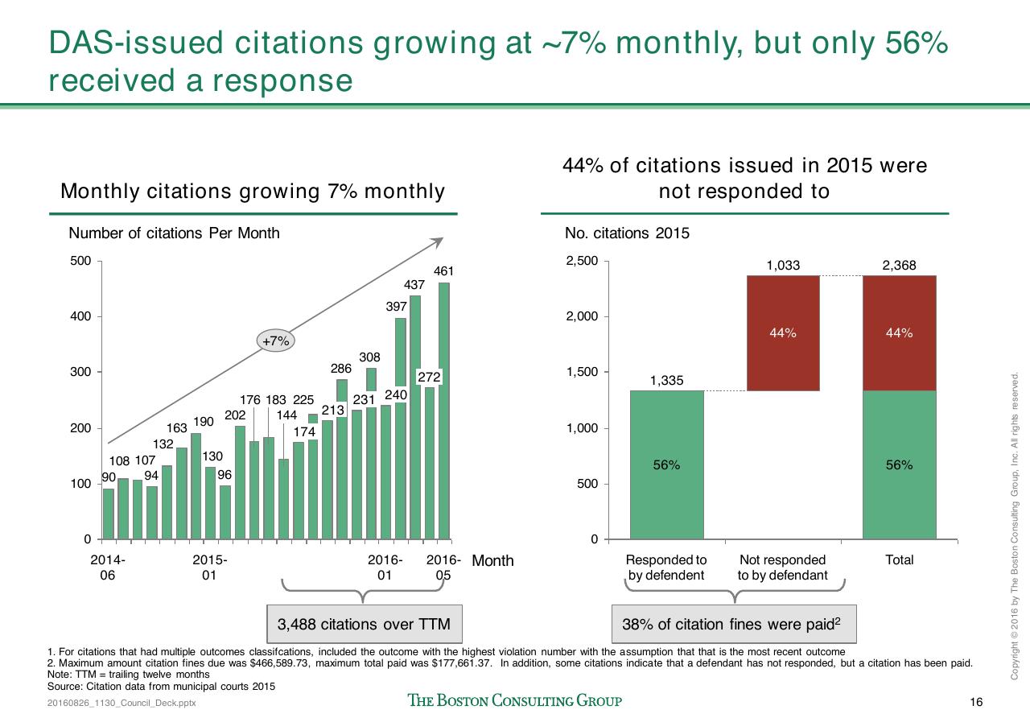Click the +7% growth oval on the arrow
(x=275, y=340)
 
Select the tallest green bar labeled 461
(x=444, y=411)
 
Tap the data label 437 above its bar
(x=414, y=285)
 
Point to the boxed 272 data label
(x=429, y=378)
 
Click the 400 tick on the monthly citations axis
(x=80, y=316)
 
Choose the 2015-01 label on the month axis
(x=210, y=567)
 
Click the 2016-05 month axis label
(x=443, y=567)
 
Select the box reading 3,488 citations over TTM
(x=365, y=624)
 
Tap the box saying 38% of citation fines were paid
(x=734, y=624)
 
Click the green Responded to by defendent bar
(x=667, y=464)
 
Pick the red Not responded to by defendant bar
(x=783, y=333)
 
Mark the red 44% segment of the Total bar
(x=900, y=333)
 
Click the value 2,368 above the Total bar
(x=899, y=265)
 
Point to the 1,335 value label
(x=667, y=381)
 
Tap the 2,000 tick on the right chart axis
(x=582, y=316)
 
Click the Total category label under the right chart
(x=900, y=560)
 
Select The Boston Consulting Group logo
(x=514, y=700)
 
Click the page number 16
(x=976, y=702)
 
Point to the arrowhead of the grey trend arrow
(x=439, y=241)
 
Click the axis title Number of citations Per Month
(x=174, y=233)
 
